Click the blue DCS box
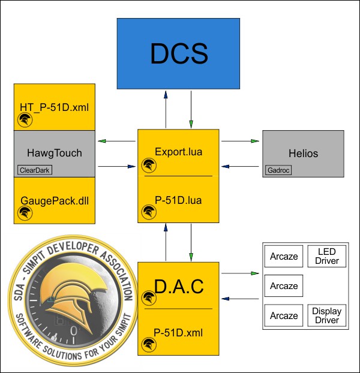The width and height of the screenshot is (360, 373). (179, 54)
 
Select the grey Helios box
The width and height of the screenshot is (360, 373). (303, 154)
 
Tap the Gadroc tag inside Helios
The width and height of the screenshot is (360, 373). (274, 170)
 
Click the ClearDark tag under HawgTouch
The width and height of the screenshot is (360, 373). (35, 170)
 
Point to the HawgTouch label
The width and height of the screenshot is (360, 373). (54, 154)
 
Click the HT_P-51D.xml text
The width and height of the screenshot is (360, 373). (54, 107)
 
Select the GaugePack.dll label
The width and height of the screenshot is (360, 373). (54, 200)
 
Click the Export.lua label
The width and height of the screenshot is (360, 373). (178, 152)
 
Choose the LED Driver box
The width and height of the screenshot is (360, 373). (327, 256)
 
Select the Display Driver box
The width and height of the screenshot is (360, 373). (327, 316)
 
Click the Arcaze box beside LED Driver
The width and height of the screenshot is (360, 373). (284, 256)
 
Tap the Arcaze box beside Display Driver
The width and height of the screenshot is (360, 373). (284, 316)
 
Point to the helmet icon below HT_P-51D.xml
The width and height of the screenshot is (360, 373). (25, 121)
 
